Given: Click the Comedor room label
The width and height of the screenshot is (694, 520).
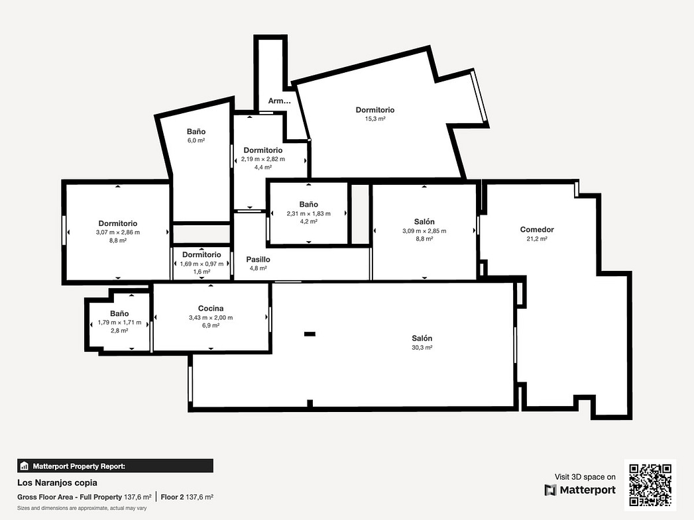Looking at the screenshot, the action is (x=537, y=229).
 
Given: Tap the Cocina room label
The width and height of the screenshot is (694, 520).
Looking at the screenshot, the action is (x=211, y=308).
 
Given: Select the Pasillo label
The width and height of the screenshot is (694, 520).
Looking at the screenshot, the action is (x=258, y=260).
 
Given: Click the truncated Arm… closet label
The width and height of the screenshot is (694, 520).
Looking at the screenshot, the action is (x=279, y=101).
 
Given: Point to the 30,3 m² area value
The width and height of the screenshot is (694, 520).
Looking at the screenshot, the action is (x=422, y=348).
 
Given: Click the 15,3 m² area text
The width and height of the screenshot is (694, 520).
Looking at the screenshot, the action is (x=375, y=119).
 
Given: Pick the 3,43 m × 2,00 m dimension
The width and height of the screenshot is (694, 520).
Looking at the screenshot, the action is (x=211, y=317).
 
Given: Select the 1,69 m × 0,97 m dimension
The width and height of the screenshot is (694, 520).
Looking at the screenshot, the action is (x=202, y=264).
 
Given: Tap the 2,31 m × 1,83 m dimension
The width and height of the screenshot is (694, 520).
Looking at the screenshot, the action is (x=308, y=213).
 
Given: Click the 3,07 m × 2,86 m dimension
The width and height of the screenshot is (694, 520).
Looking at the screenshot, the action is (x=118, y=232).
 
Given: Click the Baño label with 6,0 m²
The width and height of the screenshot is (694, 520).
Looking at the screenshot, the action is (x=196, y=131).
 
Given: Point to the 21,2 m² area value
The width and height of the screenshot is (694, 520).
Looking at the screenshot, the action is (x=537, y=238).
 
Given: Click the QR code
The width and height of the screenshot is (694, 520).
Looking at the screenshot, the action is (x=650, y=485).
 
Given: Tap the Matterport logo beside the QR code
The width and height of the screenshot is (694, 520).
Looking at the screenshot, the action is (x=580, y=490).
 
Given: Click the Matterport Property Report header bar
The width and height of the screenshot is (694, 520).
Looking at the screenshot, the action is (x=115, y=466).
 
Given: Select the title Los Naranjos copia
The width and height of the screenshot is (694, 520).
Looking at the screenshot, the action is (x=57, y=483).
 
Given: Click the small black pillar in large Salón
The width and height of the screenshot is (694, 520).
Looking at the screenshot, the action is (x=310, y=334).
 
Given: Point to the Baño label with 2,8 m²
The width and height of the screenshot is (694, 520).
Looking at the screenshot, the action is (x=119, y=313).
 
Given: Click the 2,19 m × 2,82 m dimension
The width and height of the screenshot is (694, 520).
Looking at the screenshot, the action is (x=263, y=159).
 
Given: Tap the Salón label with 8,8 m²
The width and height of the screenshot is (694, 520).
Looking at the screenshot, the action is (x=424, y=221).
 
